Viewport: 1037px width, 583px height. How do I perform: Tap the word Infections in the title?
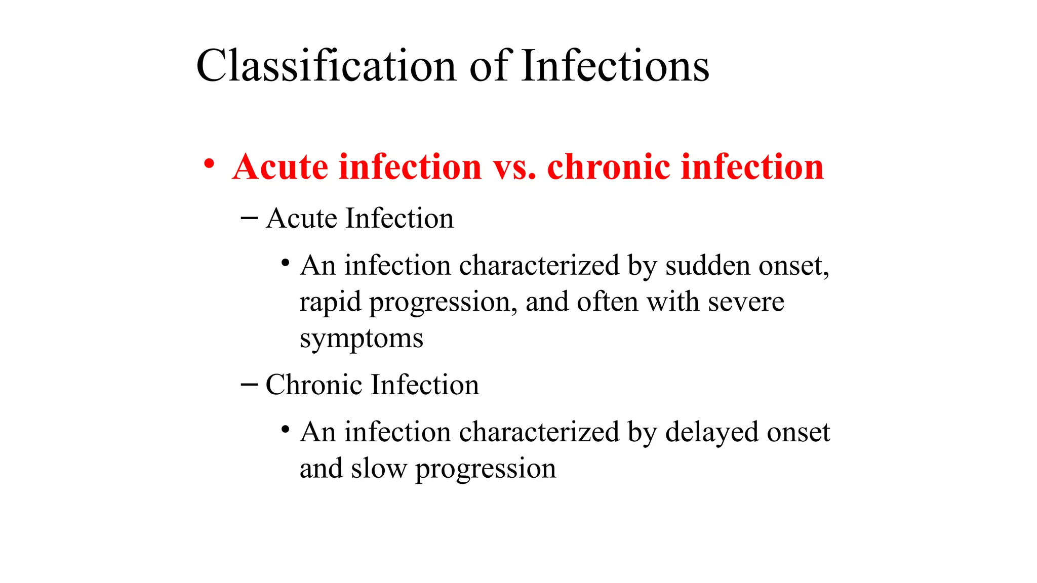tap(615, 66)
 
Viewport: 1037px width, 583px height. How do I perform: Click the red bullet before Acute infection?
tap(209, 164)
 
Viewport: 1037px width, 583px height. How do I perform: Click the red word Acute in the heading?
tap(281, 167)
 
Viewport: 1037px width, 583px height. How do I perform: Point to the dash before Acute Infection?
tap(249, 218)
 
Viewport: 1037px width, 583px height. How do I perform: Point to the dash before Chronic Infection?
tap(249, 385)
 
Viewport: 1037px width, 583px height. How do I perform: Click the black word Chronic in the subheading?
tap(314, 385)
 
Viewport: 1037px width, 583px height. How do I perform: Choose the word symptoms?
tap(361, 339)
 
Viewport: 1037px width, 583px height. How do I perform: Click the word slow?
tap(379, 468)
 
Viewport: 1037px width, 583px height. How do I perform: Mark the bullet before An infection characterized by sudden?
tap(285, 263)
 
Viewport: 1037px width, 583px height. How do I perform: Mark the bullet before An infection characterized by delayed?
tap(285, 430)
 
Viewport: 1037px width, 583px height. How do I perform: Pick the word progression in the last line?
tap(486, 469)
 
